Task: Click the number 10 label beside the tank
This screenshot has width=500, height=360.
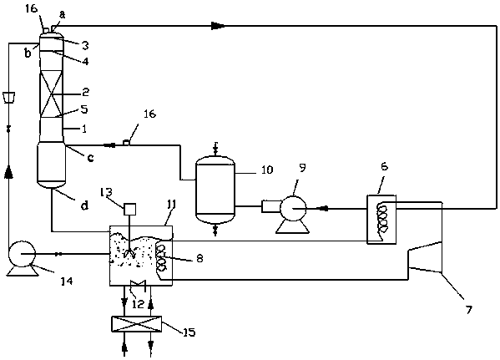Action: [x=267, y=170]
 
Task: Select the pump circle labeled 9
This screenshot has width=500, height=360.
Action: [x=293, y=209]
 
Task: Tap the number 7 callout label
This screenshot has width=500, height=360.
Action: [x=468, y=310]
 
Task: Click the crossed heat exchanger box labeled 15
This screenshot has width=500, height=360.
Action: [x=136, y=324]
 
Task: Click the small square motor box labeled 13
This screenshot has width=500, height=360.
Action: [x=129, y=209]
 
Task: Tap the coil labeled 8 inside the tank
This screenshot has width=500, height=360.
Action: [x=161, y=258]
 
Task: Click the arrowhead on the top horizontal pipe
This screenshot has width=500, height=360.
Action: [x=219, y=26]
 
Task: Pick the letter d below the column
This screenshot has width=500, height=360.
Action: [x=83, y=205]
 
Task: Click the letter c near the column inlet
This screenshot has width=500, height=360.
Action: [x=90, y=157]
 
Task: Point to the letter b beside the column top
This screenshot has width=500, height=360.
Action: [x=28, y=53]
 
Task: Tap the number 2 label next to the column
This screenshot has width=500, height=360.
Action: [x=85, y=92]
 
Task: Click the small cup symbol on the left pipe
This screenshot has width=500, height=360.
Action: [x=8, y=98]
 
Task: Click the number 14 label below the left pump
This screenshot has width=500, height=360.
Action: [x=67, y=281]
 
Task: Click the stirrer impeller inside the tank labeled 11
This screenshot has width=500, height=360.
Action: [x=130, y=254]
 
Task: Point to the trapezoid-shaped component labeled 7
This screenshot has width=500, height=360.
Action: [x=425, y=257]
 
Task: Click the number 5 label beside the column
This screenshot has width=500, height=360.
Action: [x=84, y=109]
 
